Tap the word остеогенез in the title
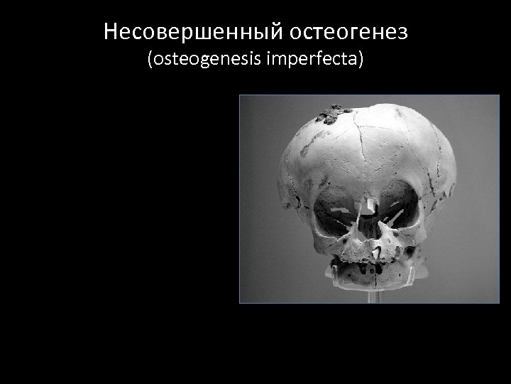click(x=343, y=31)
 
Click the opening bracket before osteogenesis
click(x=150, y=60)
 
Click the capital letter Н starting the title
click(x=109, y=31)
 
